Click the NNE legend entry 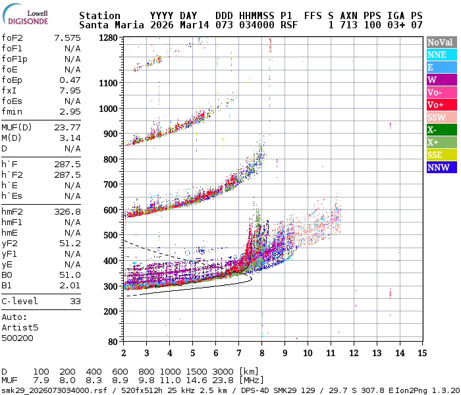[x=440, y=55]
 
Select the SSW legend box [x=440, y=117]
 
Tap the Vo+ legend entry [x=440, y=105]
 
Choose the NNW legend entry [x=440, y=167]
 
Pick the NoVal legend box [x=440, y=42]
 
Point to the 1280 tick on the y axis [x=108, y=38]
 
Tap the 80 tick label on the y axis [x=113, y=341]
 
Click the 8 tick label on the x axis [x=262, y=353]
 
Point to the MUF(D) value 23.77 [x=68, y=127]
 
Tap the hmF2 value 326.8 [x=68, y=211]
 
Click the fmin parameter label [x=12, y=111]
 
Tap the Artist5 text [x=20, y=327]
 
